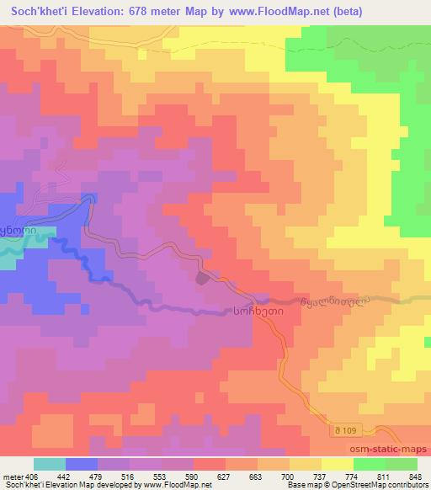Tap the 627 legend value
tap(226, 477)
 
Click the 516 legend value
tap(130, 477)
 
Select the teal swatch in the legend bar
tap(50, 465)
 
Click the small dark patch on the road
tap(203, 279)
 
